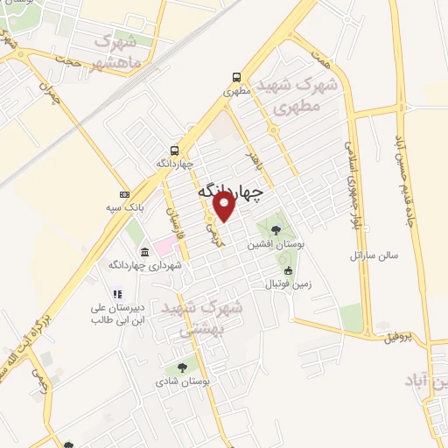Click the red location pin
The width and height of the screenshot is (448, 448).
coord(223,206)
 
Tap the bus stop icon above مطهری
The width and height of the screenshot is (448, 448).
coord(237,77)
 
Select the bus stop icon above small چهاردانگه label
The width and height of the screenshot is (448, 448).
coord(174,150)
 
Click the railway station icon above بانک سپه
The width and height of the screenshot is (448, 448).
coord(124,193)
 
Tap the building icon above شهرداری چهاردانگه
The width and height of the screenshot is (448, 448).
coord(143,252)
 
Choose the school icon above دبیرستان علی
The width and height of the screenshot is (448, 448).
coord(117,295)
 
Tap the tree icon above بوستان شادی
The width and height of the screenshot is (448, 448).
coord(182,368)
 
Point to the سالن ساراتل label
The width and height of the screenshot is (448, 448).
coord(374,255)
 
